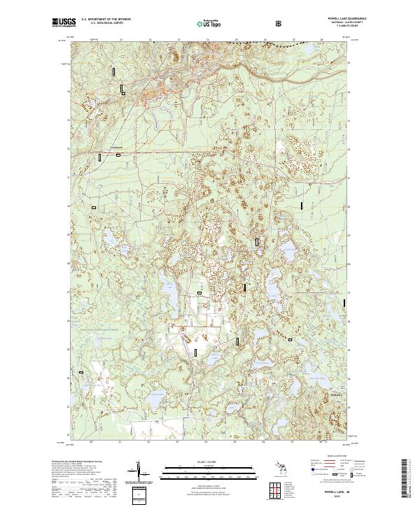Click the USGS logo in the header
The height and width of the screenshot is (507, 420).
coord(64,23)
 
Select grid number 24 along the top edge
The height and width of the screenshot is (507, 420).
coord(206,39)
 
